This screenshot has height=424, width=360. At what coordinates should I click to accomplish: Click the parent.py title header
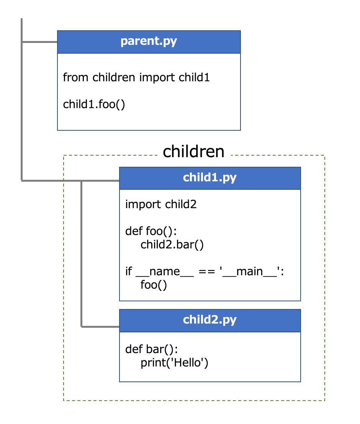point(149,41)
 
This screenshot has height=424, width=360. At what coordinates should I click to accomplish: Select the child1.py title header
point(210,178)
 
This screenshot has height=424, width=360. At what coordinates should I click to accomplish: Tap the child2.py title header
point(210,320)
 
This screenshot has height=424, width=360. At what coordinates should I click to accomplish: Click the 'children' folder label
point(193,152)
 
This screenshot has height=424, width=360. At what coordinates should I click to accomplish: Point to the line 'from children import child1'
point(136,78)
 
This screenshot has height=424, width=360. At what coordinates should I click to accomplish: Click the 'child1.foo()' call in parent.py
point(94,104)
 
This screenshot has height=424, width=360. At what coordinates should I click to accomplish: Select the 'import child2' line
point(161,204)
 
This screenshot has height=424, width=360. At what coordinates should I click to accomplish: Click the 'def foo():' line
point(151,231)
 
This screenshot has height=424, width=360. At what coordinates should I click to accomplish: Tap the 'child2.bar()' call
point(172,245)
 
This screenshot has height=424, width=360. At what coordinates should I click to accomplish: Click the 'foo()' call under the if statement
point(154,285)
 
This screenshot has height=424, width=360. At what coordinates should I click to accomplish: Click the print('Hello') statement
point(174,363)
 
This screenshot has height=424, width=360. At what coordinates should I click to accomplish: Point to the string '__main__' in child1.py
point(250,271)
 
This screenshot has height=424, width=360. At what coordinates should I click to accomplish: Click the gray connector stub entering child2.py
point(100,327)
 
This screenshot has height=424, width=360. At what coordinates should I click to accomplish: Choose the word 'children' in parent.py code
point(114,78)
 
